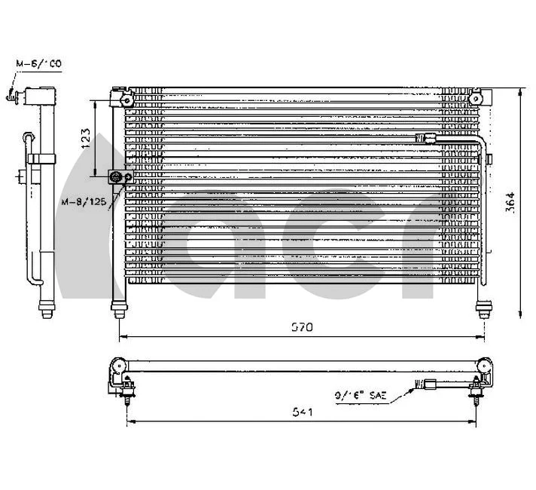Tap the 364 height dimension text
[x=510, y=202]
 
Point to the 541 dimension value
[x=302, y=412]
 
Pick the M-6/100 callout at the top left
[x=40, y=65]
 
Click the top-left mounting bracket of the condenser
[x=120, y=98]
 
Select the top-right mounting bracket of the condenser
[x=477, y=98]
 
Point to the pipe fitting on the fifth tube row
[x=427, y=138]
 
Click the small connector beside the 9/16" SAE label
[x=430, y=384]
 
